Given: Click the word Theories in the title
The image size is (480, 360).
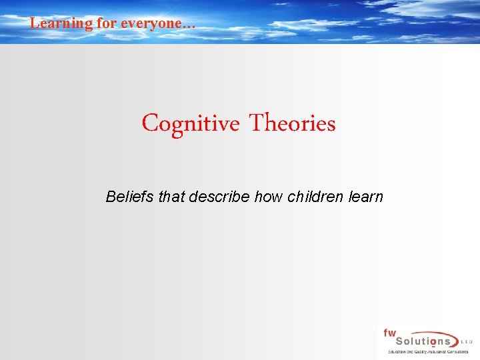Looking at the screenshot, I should pyautogui.click(x=292, y=123).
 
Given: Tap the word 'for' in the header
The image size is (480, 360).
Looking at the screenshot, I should pyautogui.click(x=107, y=23).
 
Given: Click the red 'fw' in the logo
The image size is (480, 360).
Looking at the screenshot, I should pyautogui.click(x=389, y=333).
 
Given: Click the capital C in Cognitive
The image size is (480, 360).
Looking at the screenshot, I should pyautogui.click(x=149, y=124).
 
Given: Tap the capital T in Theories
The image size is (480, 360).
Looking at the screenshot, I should pyautogui.click(x=257, y=123).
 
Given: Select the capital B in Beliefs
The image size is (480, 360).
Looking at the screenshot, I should pyautogui.click(x=111, y=197).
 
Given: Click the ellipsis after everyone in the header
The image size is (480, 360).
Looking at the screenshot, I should pyautogui.click(x=189, y=25).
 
